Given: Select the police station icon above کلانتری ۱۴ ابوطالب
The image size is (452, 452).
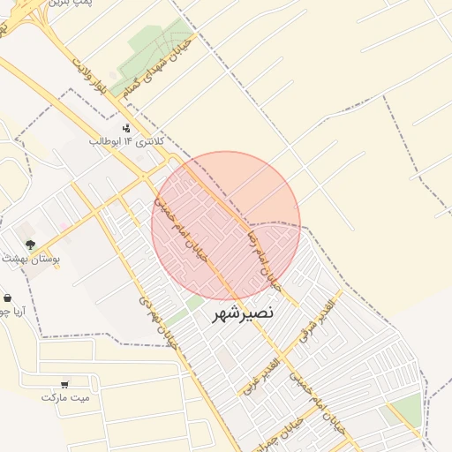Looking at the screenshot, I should click(126, 127).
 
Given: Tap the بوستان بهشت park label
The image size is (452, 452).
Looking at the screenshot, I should click(30, 258).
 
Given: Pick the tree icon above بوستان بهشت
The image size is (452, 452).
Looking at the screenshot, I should click(31, 245).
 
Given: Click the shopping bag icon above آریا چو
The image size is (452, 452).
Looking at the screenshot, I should click(8, 298).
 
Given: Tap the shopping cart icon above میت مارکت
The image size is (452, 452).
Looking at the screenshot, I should click(64, 384).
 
